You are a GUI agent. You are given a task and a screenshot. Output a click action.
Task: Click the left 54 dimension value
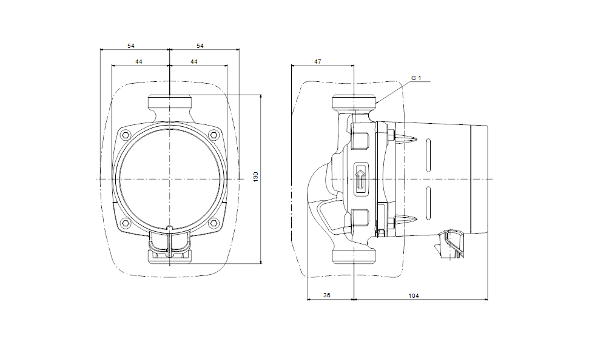click(x=130, y=45)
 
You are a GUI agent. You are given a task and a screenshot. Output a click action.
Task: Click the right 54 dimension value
click(x=200, y=45)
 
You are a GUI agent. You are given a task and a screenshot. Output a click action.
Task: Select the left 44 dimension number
click(x=138, y=61)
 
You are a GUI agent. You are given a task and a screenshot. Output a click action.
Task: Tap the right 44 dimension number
click(x=193, y=61)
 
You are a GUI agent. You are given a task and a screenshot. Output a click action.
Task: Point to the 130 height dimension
click(x=255, y=177)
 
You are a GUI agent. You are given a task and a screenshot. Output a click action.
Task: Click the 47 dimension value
click(x=317, y=61)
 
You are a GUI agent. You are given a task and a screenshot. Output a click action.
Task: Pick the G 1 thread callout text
click(x=416, y=78)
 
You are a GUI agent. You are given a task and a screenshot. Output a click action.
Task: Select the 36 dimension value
click(x=326, y=295)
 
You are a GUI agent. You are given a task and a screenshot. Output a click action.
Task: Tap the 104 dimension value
click(x=414, y=295)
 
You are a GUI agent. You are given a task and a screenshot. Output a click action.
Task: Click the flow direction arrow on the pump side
click(x=361, y=179)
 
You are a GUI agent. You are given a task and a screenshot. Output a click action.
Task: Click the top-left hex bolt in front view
click(x=126, y=135)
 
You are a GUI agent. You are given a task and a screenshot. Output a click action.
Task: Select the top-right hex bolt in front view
click(x=214, y=135)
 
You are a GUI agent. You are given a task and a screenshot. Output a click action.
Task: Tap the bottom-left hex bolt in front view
click(x=126, y=223)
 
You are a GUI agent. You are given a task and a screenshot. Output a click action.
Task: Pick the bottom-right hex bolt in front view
click(x=214, y=223)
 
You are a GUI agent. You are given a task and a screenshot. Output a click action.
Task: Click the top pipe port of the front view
click(x=169, y=102)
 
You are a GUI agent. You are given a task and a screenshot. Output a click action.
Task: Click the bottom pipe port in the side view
click(x=354, y=255)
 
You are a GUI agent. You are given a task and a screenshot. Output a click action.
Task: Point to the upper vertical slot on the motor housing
click(x=428, y=155)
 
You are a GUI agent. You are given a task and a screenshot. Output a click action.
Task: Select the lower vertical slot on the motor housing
click(x=428, y=203)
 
